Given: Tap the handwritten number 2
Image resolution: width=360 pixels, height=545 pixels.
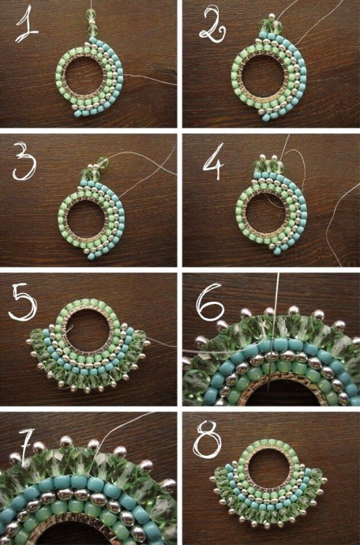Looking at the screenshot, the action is point(212,24).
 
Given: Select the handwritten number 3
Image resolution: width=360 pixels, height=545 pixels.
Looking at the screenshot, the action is point(24,161).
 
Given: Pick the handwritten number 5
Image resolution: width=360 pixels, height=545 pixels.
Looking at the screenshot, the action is point(23,302).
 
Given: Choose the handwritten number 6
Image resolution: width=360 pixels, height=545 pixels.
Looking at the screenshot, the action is point(209,302).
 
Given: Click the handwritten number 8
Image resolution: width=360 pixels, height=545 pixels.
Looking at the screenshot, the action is point(207,439).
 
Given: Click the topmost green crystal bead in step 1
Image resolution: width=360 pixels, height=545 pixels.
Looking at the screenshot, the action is point(91,14).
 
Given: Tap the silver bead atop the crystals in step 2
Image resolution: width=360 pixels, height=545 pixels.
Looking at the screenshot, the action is point(272,17).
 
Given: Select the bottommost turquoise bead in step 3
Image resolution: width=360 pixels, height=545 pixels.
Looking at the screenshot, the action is point(91,256).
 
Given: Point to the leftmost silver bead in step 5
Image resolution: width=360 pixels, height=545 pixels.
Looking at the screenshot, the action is point(28,342).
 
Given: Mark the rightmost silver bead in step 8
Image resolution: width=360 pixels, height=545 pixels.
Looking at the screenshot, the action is point(324,480).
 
